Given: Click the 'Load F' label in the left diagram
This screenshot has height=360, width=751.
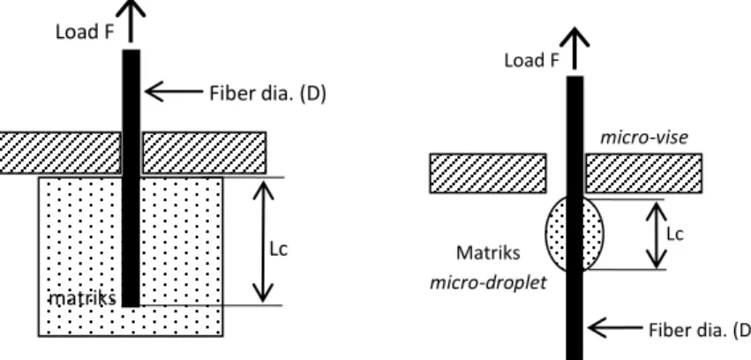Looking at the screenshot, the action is click(85, 32).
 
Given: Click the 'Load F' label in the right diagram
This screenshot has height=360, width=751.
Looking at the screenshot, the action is click(531, 60).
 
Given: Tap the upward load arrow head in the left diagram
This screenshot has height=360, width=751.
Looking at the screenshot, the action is click(131, 9).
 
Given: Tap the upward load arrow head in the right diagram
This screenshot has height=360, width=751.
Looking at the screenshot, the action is click(575, 37).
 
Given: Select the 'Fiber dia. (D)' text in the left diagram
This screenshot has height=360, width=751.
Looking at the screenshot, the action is click(267, 94).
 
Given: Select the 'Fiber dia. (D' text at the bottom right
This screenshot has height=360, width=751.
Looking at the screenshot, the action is click(700, 330).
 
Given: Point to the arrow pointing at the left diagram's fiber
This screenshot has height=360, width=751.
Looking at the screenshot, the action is click(174, 91).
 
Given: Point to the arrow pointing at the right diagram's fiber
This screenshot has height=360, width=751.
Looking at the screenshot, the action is click(615, 328).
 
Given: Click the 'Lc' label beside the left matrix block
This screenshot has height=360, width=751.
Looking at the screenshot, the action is click(278, 249).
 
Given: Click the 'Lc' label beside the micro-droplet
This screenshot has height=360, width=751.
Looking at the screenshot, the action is click(674, 234).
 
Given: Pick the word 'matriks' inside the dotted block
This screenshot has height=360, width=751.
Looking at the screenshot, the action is click(83, 299).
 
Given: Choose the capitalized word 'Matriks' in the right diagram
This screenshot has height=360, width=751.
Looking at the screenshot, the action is click(488, 252).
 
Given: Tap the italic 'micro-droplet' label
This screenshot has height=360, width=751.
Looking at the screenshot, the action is click(488, 282).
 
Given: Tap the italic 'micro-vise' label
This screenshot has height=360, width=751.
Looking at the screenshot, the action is click(644, 138).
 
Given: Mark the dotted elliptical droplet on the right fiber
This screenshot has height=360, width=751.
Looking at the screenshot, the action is click(575, 234).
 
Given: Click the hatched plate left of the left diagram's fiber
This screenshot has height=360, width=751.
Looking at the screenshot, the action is click(60, 153).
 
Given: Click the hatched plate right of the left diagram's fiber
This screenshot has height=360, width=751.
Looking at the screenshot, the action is click(204, 153).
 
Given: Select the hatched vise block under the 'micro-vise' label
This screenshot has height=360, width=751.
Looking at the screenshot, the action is click(643, 173).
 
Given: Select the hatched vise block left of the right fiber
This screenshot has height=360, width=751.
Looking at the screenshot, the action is click(488, 173).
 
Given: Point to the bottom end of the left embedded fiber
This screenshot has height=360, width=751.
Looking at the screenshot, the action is click(131, 306).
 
